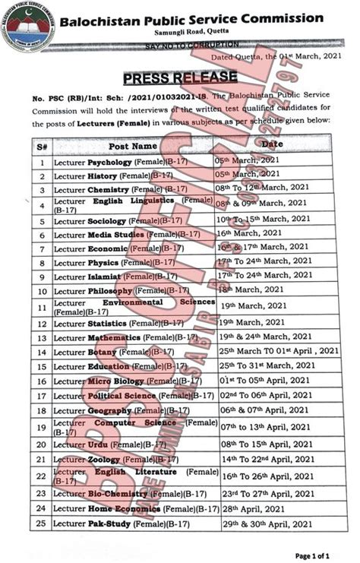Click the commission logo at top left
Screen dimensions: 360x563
(28, 27)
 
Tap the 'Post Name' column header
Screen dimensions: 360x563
(133, 145)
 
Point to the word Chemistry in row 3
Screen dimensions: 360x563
(108, 189)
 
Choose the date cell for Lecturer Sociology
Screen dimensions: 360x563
(264, 219)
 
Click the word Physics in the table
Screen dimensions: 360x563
(103, 263)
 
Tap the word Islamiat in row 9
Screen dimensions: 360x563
(106, 277)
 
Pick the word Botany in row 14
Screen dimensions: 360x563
(103, 352)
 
